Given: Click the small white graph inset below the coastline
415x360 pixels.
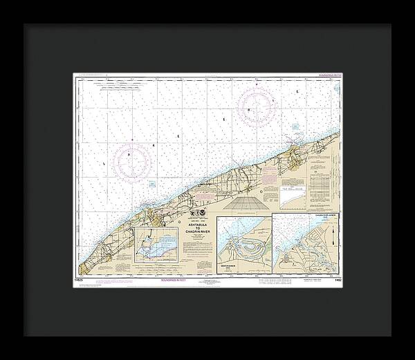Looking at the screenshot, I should [295, 199].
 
